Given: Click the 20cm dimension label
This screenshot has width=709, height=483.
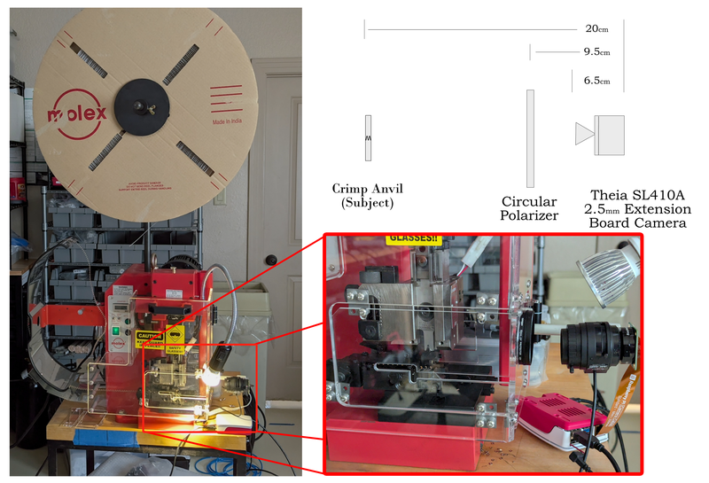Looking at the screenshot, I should pos(596,29).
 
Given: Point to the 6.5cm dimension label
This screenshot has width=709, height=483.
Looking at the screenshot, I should pos(596,81).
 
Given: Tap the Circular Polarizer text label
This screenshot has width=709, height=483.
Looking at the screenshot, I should pos(530,208).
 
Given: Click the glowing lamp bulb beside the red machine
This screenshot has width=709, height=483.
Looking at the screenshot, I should pos(211,376).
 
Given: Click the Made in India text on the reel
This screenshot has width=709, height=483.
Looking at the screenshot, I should pos(228,121).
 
